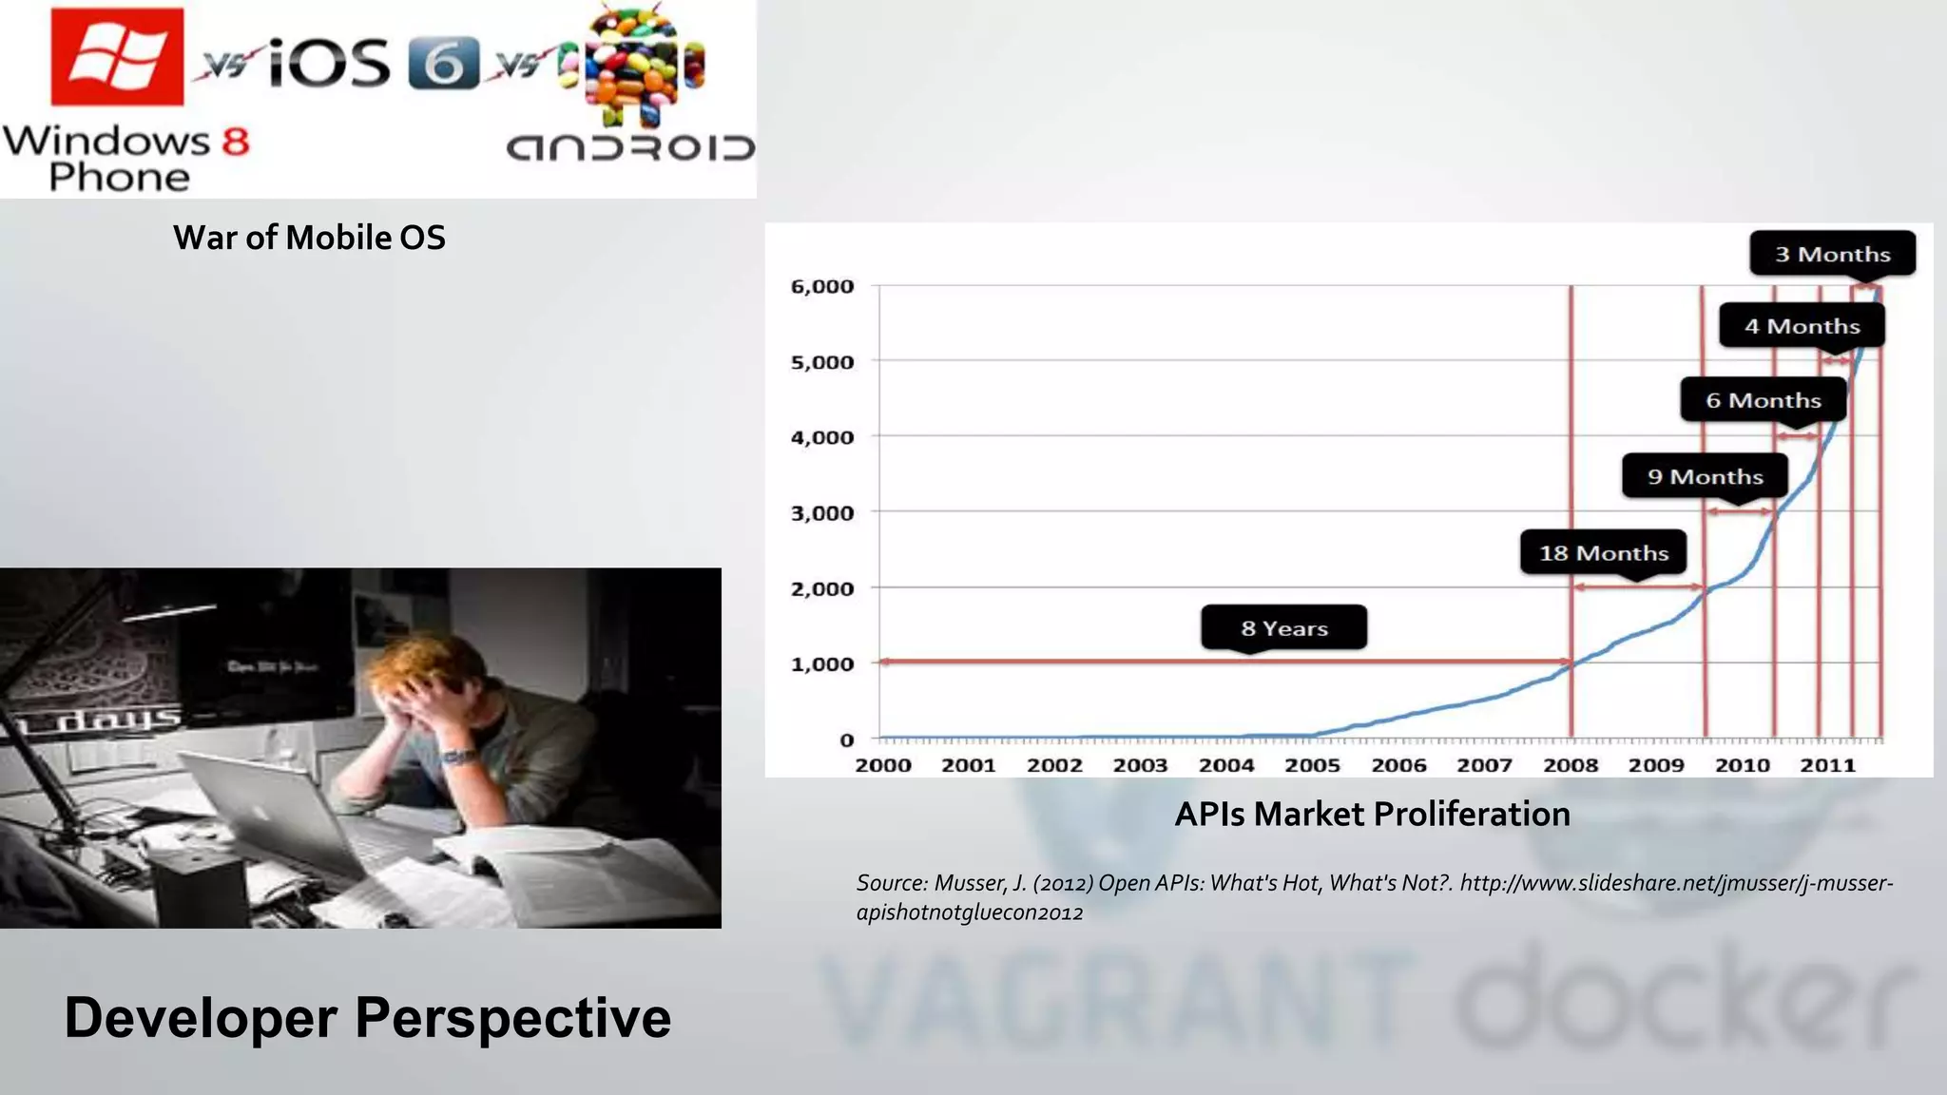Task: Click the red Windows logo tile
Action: click(x=117, y=56)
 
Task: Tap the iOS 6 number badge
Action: click(x=443, y=65)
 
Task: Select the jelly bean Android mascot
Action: click(x=635, y=65)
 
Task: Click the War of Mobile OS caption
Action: click(x=309, y=238)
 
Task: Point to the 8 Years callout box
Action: click(x=1283, y=627)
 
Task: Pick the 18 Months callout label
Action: click(x=1603, y=553)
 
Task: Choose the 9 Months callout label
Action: click(x=1705, y=476)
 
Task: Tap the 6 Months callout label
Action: click(x=1763, y=400)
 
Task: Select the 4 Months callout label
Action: click(x=1802, y=326)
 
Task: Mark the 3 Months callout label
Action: click(x=1832, y=254)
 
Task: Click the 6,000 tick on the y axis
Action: click(x=822, y=286)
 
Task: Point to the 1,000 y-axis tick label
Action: click(x=822, y=663)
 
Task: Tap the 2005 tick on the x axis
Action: click(x=1312, y=765)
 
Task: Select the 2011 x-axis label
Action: click(x=1827, y=765)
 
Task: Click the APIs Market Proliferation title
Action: click(x=1372, y=815)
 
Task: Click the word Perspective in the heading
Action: click(x=513, y=1018)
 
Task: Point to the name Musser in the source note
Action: click(x=970, y=883)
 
